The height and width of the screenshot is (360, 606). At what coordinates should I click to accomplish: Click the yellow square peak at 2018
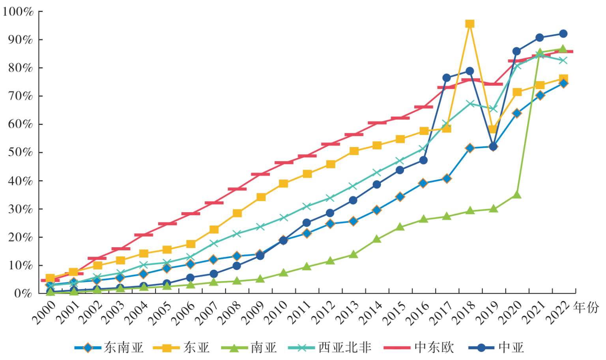click(x=469, y=24)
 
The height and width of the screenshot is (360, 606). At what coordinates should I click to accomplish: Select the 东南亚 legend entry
click(x=110, y=348)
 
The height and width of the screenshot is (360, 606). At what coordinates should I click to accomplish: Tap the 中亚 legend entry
click(x=498, y=348)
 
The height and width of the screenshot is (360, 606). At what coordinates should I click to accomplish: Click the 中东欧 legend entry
click(x=419, y=348)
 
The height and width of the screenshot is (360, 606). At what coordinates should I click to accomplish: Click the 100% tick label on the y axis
click(x=18, y=12)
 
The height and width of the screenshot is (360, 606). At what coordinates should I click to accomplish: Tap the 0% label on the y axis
click(x=23, y=293)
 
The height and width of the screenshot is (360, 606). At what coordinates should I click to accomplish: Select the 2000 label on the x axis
click(x=43, y=312)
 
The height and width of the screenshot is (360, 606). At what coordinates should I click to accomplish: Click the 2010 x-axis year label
click(x=276, y=312)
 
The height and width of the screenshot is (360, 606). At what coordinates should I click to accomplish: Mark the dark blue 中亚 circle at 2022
click(x=563, y=34)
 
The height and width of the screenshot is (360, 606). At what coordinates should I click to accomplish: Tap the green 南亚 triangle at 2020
click(x=516, y=195)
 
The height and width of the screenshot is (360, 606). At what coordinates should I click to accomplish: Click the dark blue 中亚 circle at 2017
click(x=447, y=78)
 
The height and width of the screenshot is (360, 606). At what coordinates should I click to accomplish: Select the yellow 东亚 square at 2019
click(x=493, y=129)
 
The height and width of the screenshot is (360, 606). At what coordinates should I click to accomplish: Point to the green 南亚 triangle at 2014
click(x=377, y=239)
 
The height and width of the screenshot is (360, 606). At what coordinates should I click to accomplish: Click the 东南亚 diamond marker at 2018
click(x=469, y=148)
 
